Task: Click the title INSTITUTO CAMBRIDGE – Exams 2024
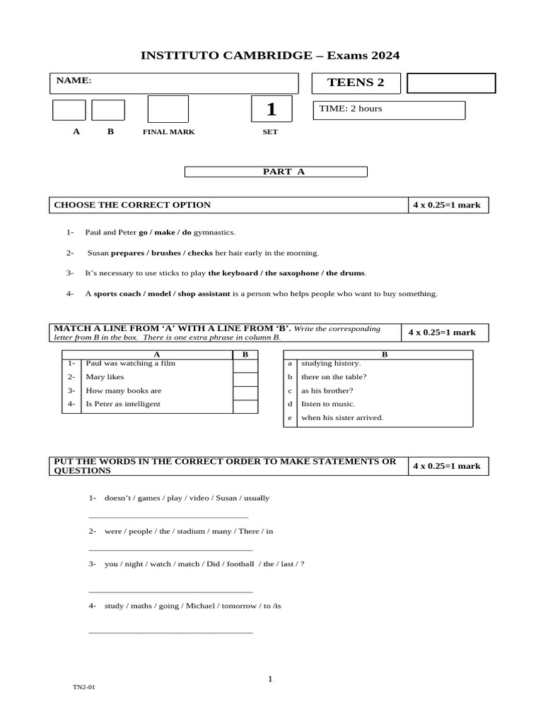click(x=271, y=56)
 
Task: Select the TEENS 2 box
click(x=356, y=83)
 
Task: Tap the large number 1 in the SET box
click(x=271, y=110)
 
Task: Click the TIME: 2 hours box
click(x=389, y=109)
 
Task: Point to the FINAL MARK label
click(x=168, y=132)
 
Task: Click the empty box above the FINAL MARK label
click(x=168, y=109)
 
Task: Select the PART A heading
click(x=276, y=172)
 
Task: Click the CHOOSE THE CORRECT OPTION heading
click(x=132, y=205)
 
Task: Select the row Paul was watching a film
click(x=130, y=364)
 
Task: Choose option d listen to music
click(x=327, y=404)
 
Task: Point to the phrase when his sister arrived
click(x=342, y=417)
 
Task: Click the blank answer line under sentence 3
click(x=170, y=591)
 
